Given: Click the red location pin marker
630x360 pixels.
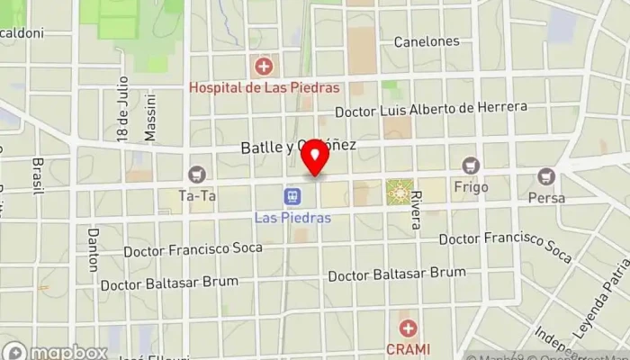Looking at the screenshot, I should (x=315, y=159).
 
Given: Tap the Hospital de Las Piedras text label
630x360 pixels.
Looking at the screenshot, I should (x=264, y=88).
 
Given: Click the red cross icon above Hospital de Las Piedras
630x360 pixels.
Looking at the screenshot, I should (x=264, y=66).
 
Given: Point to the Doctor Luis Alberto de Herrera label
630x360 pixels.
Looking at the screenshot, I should (x=430, y=110).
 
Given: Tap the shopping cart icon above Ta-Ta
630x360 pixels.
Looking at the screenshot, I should (x=196, y=174).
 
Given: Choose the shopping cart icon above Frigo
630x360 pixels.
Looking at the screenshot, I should (x=470, y=166).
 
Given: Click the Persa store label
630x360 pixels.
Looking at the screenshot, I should (x=546, y=198).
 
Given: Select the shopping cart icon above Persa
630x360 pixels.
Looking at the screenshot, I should (x=546, y=176).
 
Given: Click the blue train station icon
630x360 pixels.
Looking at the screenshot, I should (x=292, y=195).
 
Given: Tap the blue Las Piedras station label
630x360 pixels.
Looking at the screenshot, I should (x=292, y=218).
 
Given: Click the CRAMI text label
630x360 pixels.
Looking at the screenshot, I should (x=409, y=349).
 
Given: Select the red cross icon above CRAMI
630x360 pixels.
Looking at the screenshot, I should (x=409, y=328).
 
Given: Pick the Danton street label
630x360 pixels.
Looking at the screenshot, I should (x=92, y=249).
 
